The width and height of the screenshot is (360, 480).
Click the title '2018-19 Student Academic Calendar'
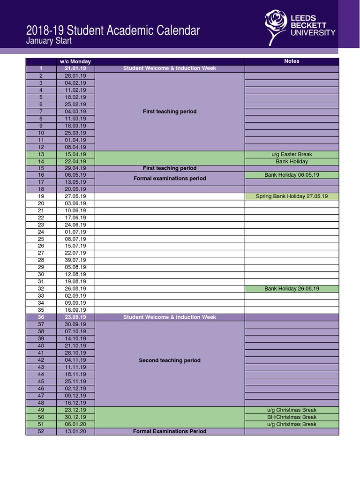click(x=113, y=31)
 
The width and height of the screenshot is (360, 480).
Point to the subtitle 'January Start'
click(x=49, y=41)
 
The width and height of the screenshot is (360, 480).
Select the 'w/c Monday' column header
click(x=75, y=61)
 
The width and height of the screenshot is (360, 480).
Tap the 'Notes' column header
click(x=292, y=61)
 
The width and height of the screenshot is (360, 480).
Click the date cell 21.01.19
click(x=75, y=68)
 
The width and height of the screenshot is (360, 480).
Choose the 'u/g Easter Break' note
click(x=292, y=154)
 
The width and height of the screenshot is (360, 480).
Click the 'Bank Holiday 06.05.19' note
click(x=292, y=175)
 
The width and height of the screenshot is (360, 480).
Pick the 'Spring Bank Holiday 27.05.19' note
click(x=292, y=196)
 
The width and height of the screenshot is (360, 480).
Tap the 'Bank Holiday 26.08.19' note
click(x=292, y=289)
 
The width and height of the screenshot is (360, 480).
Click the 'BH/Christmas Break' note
click(x=292, y=417)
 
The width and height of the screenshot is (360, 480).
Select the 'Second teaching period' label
click(x=170, y=360)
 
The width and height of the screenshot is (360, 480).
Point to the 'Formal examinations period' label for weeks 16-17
click(x=170, y=179)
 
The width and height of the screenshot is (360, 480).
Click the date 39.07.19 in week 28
click(x=75, y=260)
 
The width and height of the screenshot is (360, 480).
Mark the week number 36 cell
click(x=41, y=317)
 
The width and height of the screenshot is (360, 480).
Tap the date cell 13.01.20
click(x=75, y=431)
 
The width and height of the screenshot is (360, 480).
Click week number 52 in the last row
click(x=41, y=431)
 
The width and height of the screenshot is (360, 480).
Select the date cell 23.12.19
click(x=75, y=410)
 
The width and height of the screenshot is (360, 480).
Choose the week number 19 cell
click(x=41, y=196)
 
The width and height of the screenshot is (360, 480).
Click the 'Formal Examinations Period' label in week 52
click(x=170, y=431)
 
